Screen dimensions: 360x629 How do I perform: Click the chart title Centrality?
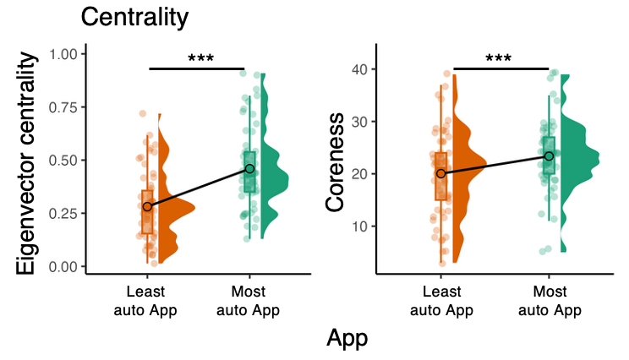(134, 16)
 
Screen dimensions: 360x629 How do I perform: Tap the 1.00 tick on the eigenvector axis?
(64, 54)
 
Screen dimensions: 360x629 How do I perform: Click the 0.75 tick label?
(64, 107)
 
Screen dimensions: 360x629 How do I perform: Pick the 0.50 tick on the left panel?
(64, 161)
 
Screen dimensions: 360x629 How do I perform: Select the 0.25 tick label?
(64, 214)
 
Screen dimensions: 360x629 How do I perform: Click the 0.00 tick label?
(64, 267)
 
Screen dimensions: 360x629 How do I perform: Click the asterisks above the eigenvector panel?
(200, 60)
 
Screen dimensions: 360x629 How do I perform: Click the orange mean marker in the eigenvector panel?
(147, 206)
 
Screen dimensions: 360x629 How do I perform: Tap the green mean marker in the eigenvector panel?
(249, 169)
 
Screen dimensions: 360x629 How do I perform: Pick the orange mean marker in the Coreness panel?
(440, 173)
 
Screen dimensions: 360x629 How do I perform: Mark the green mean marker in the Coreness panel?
(549, 155)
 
